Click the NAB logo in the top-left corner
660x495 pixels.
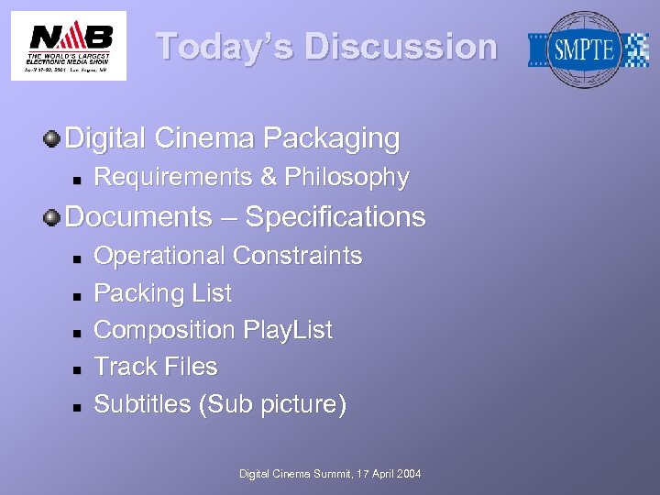(x=69, y=45)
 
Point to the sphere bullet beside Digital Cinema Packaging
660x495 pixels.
(x=51, y=139)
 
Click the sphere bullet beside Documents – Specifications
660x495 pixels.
(x=51, y=217)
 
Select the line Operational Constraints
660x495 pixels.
(x=228, y=256)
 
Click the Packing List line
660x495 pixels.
(x=163, y=293)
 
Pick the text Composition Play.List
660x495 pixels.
(x=214, y=330)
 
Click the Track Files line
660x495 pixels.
(x=156, y=367)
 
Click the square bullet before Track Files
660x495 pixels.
(x=78, y=368)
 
